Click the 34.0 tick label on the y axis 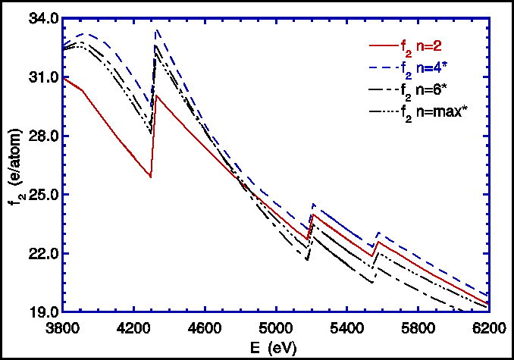[43, 19]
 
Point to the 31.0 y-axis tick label [43, 77]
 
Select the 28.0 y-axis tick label [43, 136]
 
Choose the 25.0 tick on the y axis [43, 195]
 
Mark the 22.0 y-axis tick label [43, 253]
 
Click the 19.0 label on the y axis [43, 311]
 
